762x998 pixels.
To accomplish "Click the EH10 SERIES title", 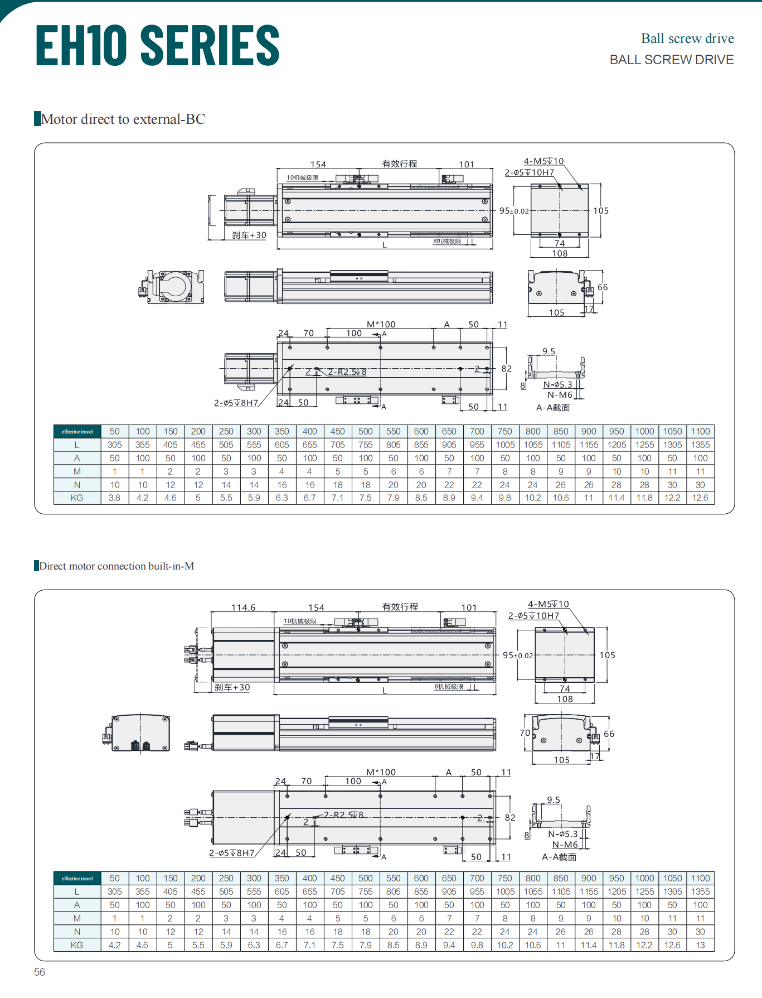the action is [x=157, y=45].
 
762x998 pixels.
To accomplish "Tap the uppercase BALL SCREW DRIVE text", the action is [x=672, y=60].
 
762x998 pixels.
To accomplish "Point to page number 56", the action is [x=40, y=972].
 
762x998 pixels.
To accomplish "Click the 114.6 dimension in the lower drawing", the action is [x=243, y=608].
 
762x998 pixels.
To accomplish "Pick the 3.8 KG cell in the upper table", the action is [x=114, y=498].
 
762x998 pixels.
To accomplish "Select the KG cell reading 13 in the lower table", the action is [x=700, y=945].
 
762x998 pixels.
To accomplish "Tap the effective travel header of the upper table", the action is [x=77, y=432].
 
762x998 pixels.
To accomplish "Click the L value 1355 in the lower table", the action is [x=700, y=891].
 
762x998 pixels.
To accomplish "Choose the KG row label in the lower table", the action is [x=77, y=945].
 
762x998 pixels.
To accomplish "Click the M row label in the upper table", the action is [x=77, y=471].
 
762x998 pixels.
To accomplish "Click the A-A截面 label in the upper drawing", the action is [x=553, y=408].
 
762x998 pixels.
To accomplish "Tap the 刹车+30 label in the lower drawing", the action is [x=232, y=687].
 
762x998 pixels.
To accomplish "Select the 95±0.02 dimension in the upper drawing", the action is [x=514, y=211].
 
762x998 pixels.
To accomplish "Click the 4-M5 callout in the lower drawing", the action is [x=549, y=604].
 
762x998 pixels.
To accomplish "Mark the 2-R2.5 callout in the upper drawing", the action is [x=347, y=372].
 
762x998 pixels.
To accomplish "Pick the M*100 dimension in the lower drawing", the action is [x=381, y=772].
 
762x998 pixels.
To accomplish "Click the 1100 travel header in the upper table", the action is [x=700, y=431].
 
